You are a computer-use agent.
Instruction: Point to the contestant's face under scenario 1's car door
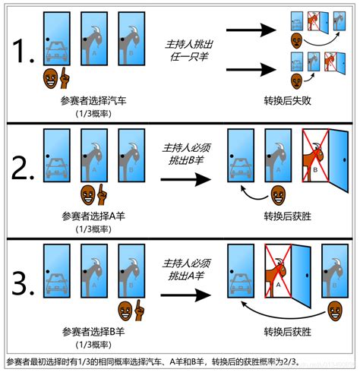52,77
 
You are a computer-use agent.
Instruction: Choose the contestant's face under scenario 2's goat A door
91,194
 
